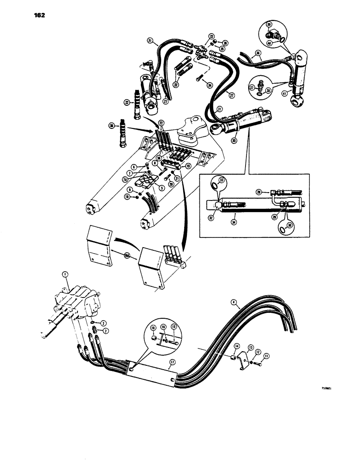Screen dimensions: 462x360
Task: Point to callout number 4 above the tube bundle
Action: (234, 304)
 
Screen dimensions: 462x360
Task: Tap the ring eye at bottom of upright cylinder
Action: (295, 98)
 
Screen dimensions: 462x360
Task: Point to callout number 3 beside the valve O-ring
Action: (104, 322)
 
